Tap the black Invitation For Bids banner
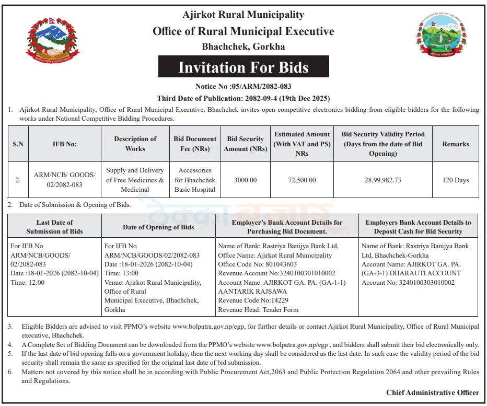pos(243,67)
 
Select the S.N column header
pos(18,144)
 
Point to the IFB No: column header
pos(64,144)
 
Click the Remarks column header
pos(456,144)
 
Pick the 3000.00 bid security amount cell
pos(245,180)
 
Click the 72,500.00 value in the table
pos(302,180)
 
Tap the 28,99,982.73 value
pos(383,180)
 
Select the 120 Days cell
pos(456,180)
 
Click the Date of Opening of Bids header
pos(158,227)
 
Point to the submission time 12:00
pos(36,283)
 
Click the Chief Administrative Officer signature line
pos(432,392)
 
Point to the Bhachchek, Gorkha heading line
pos(243,47)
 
